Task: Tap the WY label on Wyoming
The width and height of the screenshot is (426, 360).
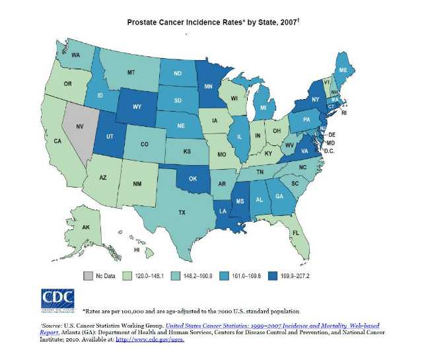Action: [x=137, y=106]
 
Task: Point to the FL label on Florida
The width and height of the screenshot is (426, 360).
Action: [x=296, y=233]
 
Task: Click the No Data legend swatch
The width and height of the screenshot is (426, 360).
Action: [x=88, y=274]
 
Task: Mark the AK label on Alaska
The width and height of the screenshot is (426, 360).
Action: [x=86, y=227]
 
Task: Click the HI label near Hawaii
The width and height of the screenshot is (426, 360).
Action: [x=137, y=250]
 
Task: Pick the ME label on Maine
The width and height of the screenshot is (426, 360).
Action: [x=343, y=70]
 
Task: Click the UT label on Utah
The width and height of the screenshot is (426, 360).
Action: [x=110, y=141]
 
